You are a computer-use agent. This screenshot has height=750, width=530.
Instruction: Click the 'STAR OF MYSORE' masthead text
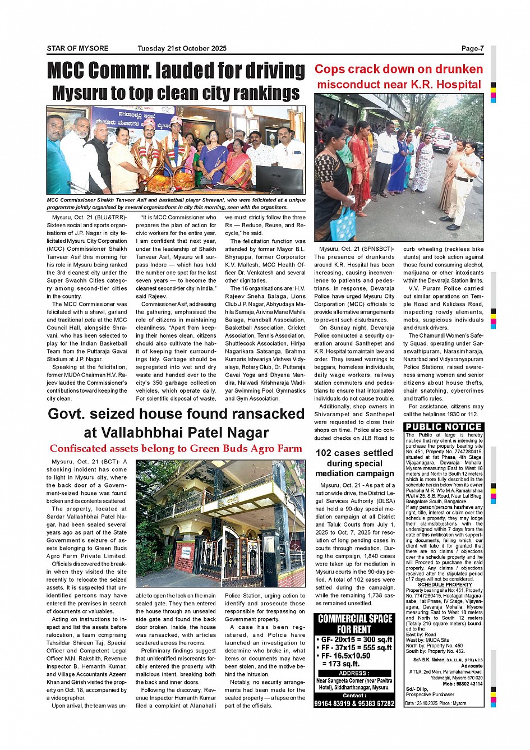[77, 48]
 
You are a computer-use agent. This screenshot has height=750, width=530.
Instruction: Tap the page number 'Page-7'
[472, 48]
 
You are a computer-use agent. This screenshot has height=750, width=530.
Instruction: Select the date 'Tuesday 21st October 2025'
[182, 48]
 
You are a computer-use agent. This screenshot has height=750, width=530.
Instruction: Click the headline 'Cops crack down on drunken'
[398, 69]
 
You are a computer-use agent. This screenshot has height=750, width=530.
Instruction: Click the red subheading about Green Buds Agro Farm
[176, 448]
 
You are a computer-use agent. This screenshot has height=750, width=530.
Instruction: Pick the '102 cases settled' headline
[354, 453]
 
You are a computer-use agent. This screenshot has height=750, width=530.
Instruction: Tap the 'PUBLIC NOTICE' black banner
[444, 427]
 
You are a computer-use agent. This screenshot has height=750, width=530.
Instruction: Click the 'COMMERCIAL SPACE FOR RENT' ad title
[354, 624]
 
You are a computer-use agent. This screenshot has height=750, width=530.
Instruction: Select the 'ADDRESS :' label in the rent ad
[354, 673]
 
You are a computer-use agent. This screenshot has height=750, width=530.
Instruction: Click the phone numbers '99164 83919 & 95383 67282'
[354, 703]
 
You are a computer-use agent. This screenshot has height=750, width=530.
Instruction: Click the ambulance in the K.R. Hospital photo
[441, 137]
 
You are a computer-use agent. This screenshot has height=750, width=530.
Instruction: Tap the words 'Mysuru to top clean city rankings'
[176, 93]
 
